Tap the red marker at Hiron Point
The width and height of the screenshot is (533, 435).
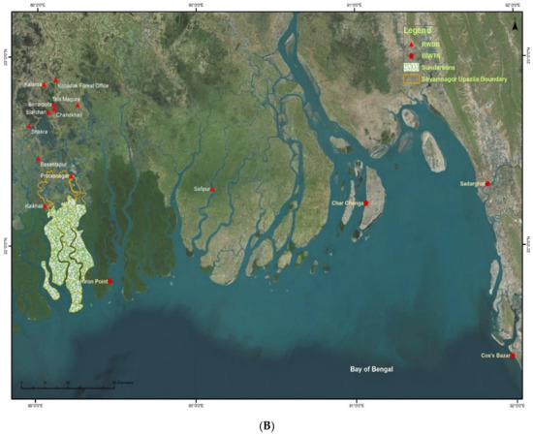110,281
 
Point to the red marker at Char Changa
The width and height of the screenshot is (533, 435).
367,203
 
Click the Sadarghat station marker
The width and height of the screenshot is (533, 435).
488,183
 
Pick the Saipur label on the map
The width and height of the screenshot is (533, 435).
201,189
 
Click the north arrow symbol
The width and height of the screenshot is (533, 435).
514,27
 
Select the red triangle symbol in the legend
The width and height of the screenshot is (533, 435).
412,46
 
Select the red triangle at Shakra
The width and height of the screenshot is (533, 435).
29,126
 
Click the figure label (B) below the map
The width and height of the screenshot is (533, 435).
266,424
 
